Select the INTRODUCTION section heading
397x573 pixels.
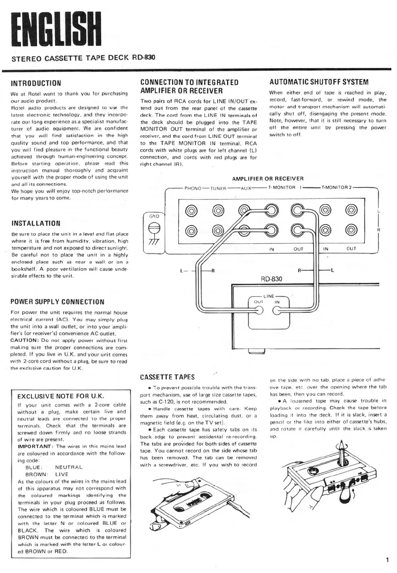point(36,83)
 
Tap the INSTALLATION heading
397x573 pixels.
point(36,223)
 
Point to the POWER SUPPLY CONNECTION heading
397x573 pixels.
point(58,302)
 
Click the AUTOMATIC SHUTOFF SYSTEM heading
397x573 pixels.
point(319,82)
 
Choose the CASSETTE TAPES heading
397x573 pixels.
point(167,377)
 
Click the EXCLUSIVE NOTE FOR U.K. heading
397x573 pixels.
point(61,396)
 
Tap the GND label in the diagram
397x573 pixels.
point(154,216)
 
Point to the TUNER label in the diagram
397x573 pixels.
point(219,188)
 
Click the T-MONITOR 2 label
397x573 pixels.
point(336,188)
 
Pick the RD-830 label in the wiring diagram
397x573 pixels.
point(271,279)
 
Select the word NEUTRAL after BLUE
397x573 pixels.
point(69,467)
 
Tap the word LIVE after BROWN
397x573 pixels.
point(62,474)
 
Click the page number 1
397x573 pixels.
point(387,560)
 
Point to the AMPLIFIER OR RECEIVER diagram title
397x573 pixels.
point(268,179)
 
